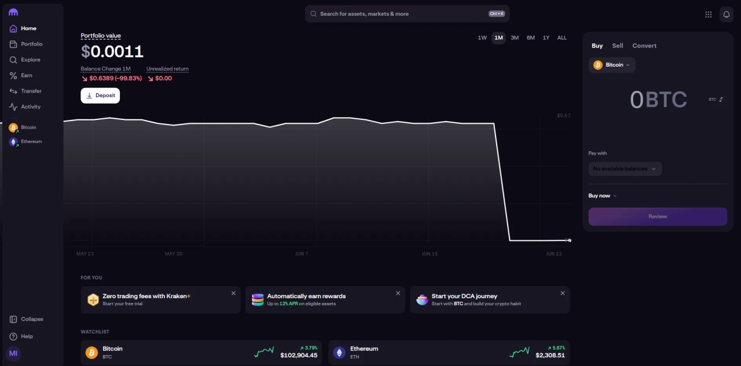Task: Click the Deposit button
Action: point(100,96)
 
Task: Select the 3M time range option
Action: point(515,38)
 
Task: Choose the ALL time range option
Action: point(562,38)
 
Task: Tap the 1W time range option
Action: point(482,38)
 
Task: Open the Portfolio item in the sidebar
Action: point(31,44)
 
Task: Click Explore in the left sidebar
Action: point(31,60)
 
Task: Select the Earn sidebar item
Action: point(27,75)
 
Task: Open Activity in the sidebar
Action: point(31,107)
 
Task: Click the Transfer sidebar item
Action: point(31,91)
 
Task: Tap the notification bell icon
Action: point(726,14)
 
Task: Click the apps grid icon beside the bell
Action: point(709,14)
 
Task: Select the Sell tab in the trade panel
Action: point(618,46)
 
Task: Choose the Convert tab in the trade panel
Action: point(644,46)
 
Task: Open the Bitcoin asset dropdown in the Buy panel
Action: point(612,65)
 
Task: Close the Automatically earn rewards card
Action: point(398,293)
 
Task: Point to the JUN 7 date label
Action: point(302,254)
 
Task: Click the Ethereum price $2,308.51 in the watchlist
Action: point(550,355)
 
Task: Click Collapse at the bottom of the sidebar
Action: point(32,319)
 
